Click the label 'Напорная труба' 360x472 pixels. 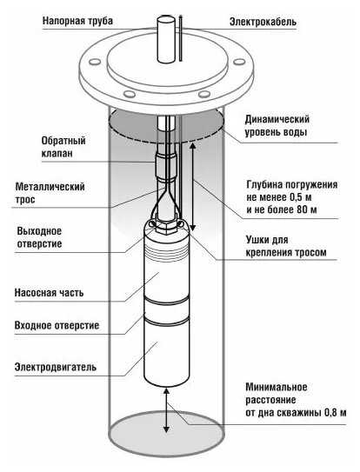pos(77,21)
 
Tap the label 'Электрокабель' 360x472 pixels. pos(263,22)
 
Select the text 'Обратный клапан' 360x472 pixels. pos(63,147)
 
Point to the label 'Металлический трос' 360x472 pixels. pos(50,193)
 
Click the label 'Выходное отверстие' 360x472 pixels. pos(39,237)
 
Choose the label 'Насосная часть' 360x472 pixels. pos(49,293)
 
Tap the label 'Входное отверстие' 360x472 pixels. pos(57,325)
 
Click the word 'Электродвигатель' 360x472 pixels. pos(56,367)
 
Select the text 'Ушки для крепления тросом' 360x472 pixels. pos(286,246)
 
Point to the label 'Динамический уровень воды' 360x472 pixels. pos(277,125)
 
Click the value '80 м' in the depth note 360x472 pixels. pos(306,209)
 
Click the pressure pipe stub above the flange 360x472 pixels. pos(166,39)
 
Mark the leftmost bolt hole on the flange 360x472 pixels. pos(95,62)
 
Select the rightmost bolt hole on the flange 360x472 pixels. pos(239,62)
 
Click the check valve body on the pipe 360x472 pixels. pos(166,167)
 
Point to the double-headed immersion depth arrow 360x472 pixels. pos(193,186)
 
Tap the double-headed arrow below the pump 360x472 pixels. pos(166,410)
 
